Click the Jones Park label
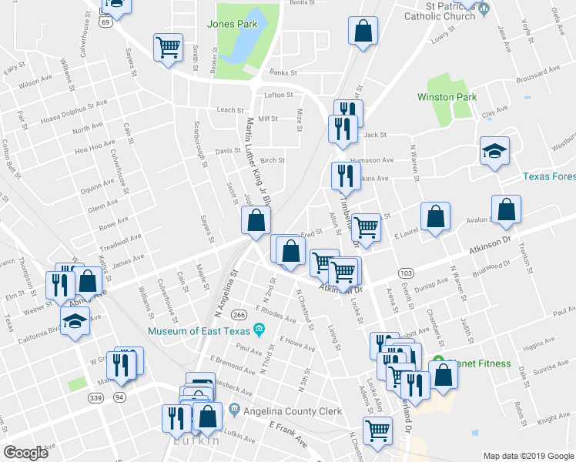(x=232, y=24)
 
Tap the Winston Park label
(x=447, y=97)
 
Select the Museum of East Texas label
(x=202, y=331)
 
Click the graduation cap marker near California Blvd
(x=75, y=320)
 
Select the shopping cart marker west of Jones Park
(x=168, y=49)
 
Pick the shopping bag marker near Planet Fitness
(x=444, y=374)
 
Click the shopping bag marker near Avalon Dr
(x=507, y=209)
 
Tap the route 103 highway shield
(x=406, y=273)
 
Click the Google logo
(x=27, y=453)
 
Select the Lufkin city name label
(x=198, y=441)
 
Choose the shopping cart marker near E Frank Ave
(x=377, y=430)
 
